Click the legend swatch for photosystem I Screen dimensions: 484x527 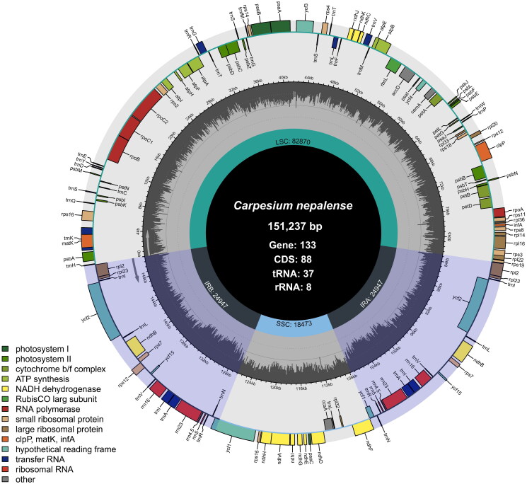tap(8, 347)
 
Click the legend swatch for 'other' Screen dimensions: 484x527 tap(8, 478)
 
